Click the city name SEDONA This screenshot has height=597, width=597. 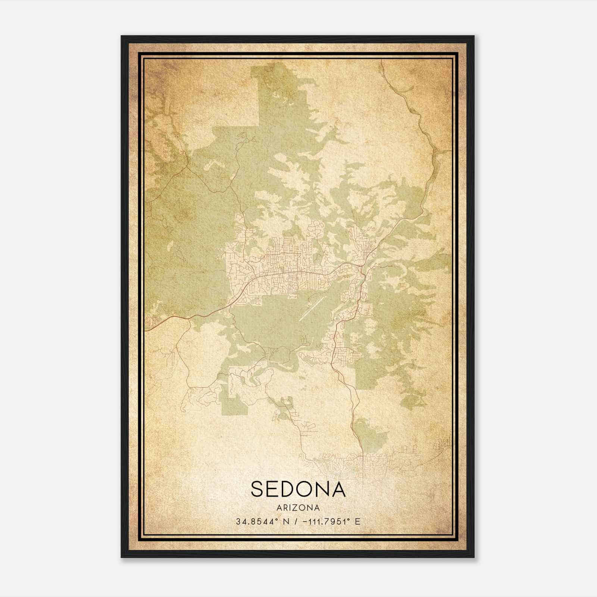pyautogui.click(x=298, y=489)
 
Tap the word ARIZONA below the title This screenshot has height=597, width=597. pyautogui.click(x=298, y=508)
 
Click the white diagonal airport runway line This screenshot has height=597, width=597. pyautogui.click(x=310, y=309)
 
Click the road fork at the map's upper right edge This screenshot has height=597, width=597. pyautogui.click(x=437, y=151)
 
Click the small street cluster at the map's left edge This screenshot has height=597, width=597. pyautogui.click(x=152, y=320)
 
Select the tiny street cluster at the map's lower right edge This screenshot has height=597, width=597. pyautogui.click(x=444, y=444)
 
